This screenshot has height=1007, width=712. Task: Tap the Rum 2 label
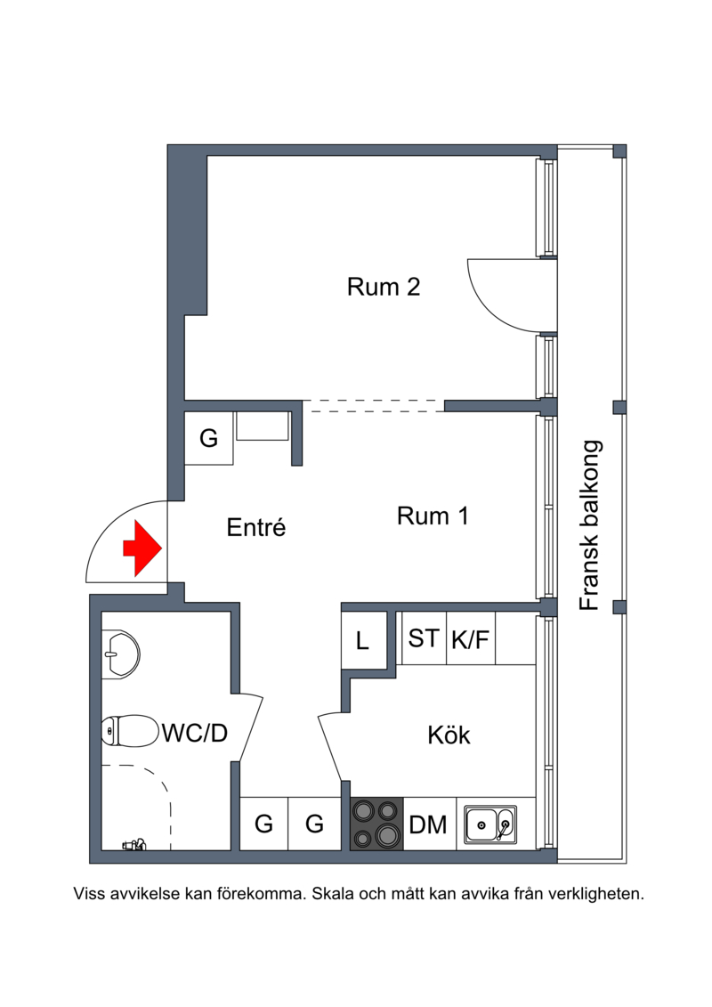coord(384,287)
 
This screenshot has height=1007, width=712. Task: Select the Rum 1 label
coord(433,516)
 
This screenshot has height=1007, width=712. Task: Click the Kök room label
coord(449,735)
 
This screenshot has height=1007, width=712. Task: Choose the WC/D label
coord(195,733)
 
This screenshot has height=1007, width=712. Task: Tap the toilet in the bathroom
coord(130,731)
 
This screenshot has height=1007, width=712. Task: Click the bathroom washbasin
coord(121,654)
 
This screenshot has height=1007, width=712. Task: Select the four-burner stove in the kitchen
coord(376,824)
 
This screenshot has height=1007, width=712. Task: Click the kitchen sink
coord(490,824)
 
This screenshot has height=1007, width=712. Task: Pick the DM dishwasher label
coord(427,824)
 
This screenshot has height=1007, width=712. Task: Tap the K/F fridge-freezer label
coord(470,639)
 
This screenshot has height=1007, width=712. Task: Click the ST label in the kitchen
coord(423,638)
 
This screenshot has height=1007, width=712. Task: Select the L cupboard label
coord(363,641)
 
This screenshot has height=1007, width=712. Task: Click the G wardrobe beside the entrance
coord(208,438)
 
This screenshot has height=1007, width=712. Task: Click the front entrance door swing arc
coord(107,526)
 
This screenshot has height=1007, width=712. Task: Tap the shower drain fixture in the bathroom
coord(134,845)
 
